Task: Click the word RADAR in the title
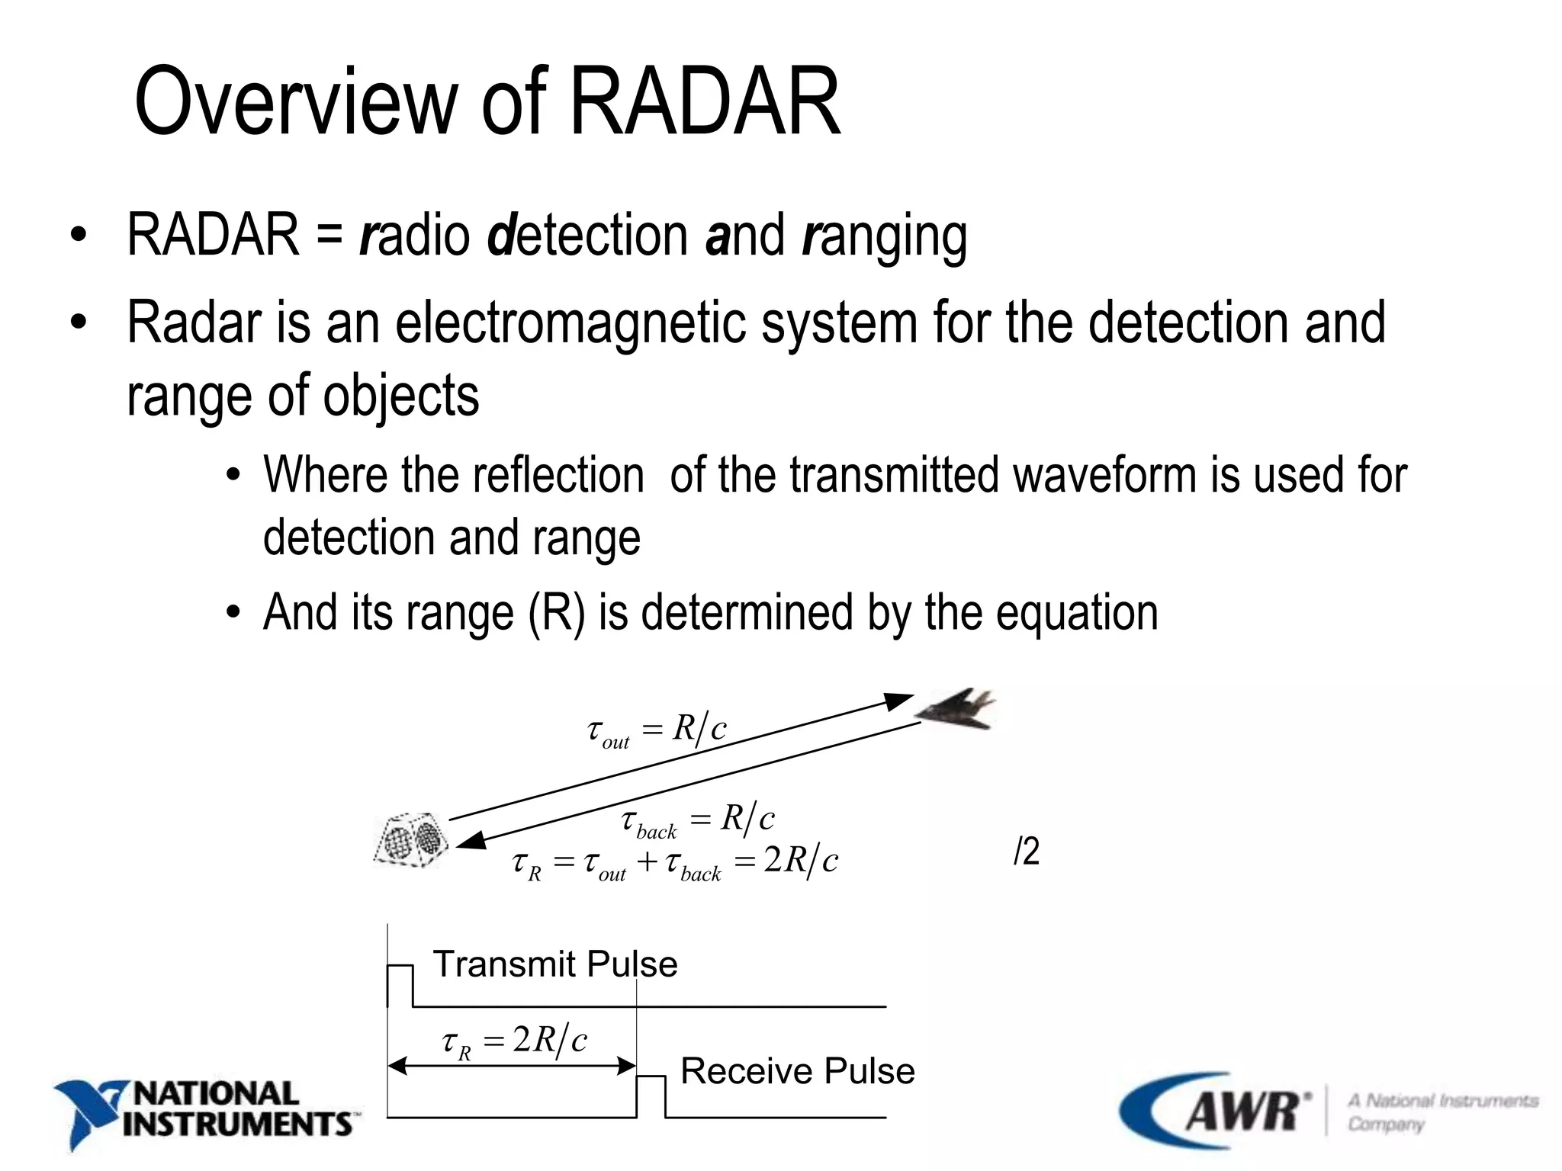tap(704, 101)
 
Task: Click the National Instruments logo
tap(204, 1112)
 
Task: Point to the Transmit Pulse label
tap(554, 964)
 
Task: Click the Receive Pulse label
tap(797, 1071)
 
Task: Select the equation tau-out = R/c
tap(657, 730)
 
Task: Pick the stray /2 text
tap(1027, 851)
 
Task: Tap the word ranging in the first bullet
tap(885, 236)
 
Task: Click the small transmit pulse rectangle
tap(400, 986)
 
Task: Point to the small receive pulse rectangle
tap(650, 1096)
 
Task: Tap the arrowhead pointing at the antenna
tap(471, 840)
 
